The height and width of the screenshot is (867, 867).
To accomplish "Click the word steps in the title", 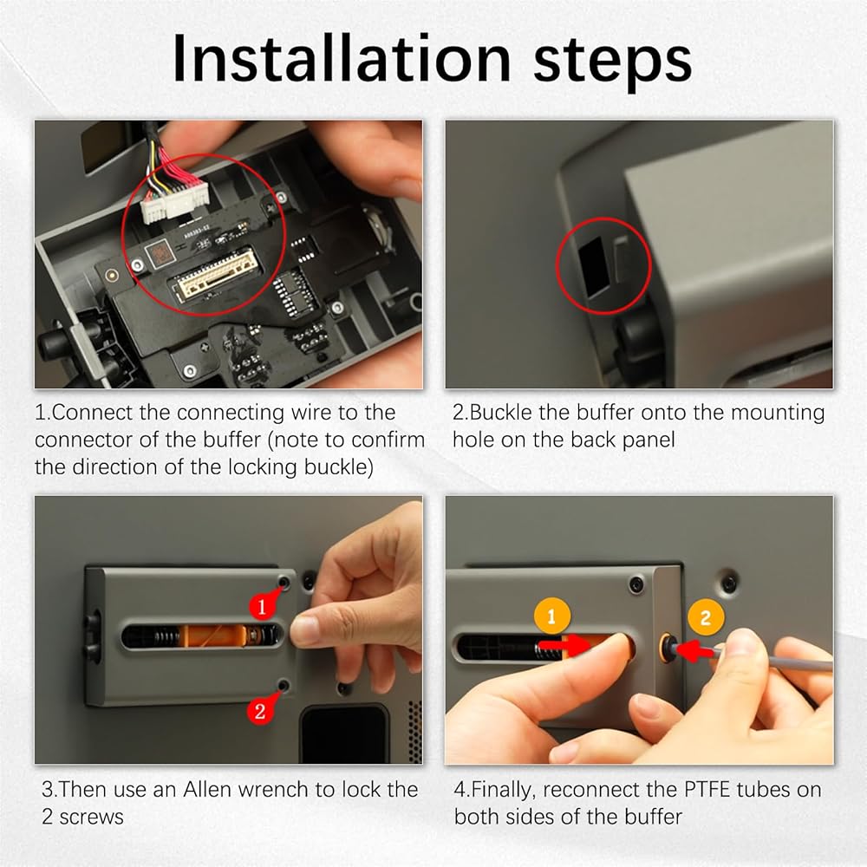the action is pyautogui.click(x=612, y=62).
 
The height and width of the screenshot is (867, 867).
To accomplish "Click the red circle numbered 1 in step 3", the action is pyautogui.click(x=262, y=606).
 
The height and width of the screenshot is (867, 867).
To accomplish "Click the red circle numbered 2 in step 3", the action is pyautogui.click(x=260, y=710).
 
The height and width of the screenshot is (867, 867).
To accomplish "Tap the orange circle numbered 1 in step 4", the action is pyautogui.click(x=551, y=616).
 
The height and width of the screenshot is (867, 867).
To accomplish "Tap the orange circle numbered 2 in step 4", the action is pyautogui.click(x=706, y=617).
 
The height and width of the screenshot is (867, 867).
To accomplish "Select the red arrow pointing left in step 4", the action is pyautogui.click(x=698, y=650).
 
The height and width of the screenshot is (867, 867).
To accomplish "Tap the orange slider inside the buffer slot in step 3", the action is pyautogui.click(x=216, y=636).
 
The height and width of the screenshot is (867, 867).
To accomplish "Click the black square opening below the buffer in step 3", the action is pyautogui.click(x=342, y=733).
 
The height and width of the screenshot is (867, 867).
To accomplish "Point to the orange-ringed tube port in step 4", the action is pyautogui.click(x=668, y=645).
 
